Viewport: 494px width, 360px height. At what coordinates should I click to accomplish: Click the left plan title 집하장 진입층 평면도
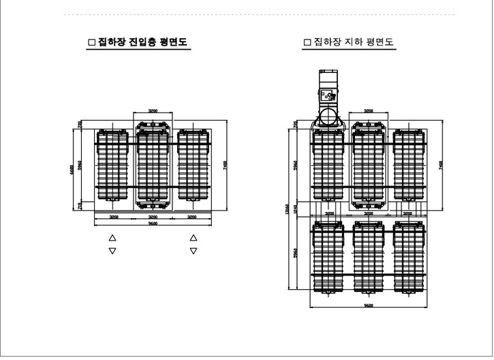pos(144,42)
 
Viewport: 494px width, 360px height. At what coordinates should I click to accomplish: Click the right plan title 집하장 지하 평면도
pos(354,42)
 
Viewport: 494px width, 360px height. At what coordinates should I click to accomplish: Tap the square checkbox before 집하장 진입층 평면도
pos(92,42)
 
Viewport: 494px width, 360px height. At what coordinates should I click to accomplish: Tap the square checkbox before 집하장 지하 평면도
pos(307,42)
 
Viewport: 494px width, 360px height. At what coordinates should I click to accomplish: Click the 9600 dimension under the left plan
pos(153,224)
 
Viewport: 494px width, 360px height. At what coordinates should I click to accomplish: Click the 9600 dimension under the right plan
pos(369,305)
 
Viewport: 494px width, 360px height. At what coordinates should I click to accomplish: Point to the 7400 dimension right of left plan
pos(224,166)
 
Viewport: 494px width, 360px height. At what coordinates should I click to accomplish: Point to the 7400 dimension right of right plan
pos(441,165)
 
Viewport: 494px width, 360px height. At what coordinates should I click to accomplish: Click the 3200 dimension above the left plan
pos(153,110)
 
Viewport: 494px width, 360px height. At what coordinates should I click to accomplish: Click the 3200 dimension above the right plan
pos(369,110)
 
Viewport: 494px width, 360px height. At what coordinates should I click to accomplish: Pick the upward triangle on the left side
pos(113,238)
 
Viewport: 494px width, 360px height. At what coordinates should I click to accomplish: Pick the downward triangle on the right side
pos(194,251)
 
